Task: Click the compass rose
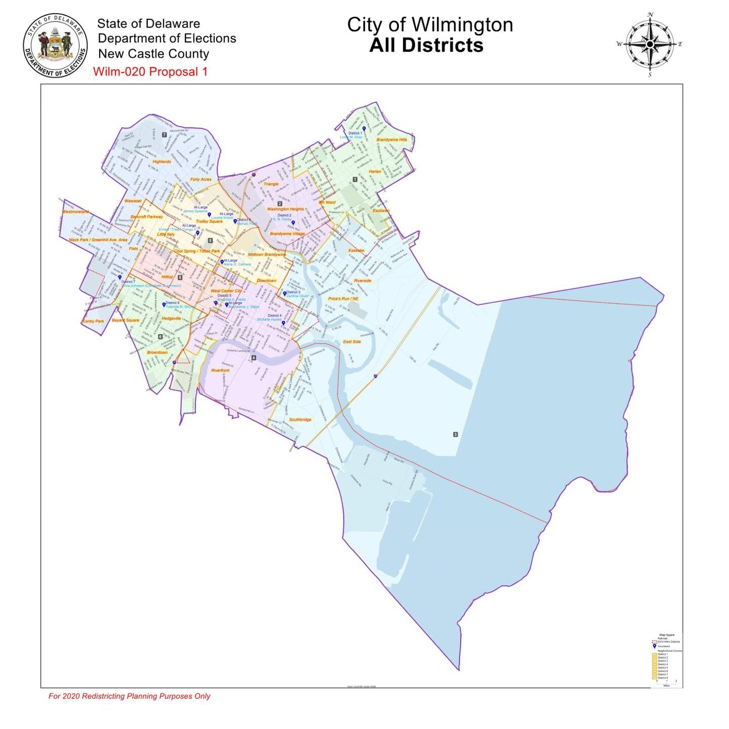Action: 650,44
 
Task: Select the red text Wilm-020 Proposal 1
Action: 150,72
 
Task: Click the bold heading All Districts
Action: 426,45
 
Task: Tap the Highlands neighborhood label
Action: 161,162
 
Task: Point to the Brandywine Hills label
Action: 391,140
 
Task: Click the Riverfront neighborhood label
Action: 220,370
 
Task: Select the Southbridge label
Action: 300,420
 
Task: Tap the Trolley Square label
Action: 209,221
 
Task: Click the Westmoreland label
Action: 76,212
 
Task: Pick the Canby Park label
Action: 93,322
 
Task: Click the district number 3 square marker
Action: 455,434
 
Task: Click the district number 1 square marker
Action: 355,180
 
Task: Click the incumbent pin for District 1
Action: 363,128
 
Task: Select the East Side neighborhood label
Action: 351,342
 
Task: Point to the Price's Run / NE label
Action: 343,299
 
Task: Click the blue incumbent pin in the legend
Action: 654,646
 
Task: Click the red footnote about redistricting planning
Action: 130,696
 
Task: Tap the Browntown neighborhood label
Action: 157,352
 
